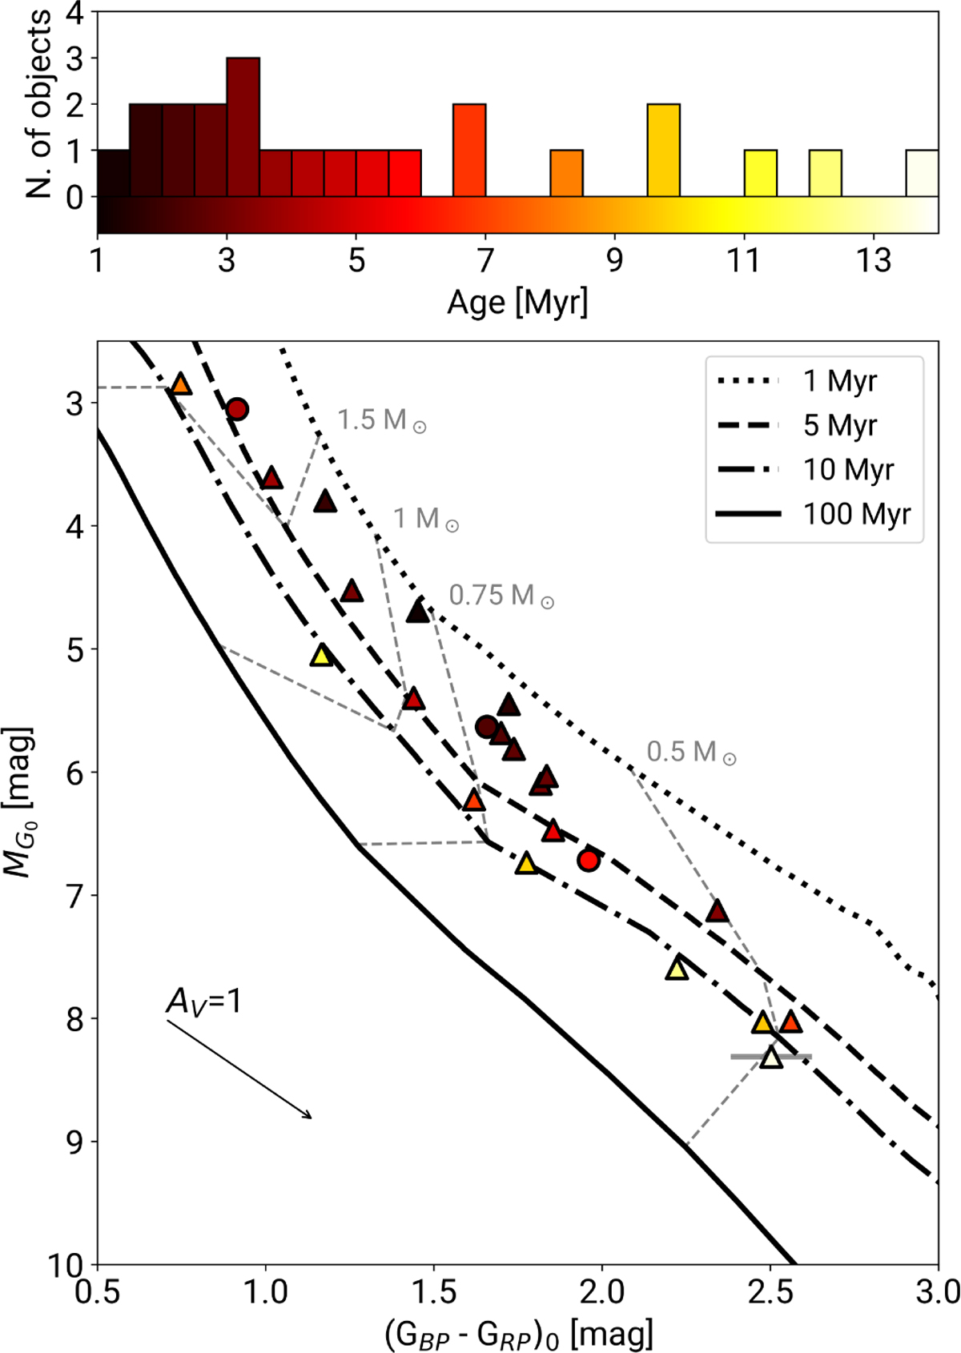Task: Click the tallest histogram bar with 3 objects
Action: click(x=243, y=126)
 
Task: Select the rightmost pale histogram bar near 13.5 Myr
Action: click(x=922, y=173)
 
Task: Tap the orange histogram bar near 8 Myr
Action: click(x=566, y=173)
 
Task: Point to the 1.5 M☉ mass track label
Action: click(x=381, y=420)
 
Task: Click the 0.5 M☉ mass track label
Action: click(x=691, y=752)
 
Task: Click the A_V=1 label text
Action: click(x=203, y=1002)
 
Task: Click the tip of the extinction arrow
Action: click(x=311, y=1118)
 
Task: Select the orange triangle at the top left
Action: click(x=181, y=385)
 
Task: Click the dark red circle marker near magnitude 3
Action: click(x=236, y=410)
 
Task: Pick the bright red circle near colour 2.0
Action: click(x=589, y=861)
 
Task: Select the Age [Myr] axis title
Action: click(x=517, y=303)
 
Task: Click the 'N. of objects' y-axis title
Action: click(x=38, y=104)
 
